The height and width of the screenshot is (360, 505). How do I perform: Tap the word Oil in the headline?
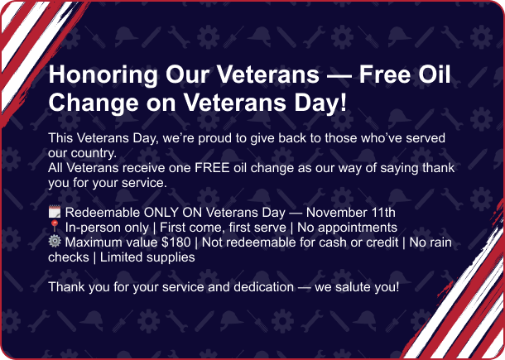(432, 74)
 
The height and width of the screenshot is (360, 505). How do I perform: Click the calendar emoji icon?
(55, 212)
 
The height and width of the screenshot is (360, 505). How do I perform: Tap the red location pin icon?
(55, 227)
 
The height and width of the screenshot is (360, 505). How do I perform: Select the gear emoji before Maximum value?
(55, 242)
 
